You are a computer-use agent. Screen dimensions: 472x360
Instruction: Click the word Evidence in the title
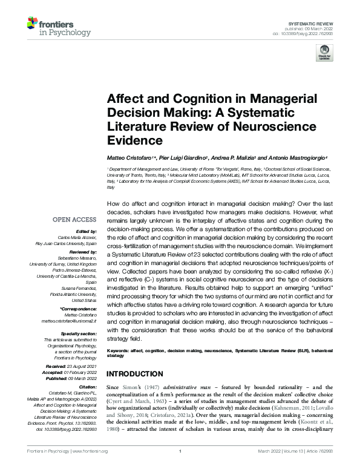coord(135,140)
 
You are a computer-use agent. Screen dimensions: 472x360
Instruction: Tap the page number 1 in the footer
coord(180,467)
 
